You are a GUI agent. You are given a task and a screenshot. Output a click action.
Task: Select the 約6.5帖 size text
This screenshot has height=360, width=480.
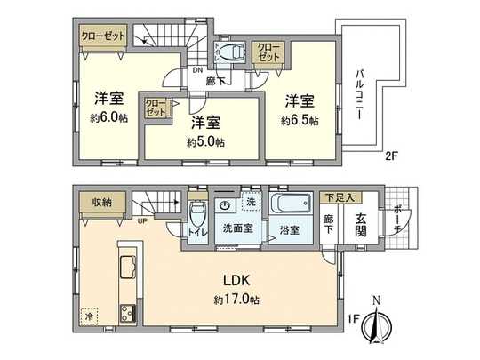point(298,121)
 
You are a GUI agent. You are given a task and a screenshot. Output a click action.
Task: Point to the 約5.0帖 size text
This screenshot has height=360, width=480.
point(205,141)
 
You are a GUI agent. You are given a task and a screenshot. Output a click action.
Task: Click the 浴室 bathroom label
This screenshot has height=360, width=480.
point(290,229)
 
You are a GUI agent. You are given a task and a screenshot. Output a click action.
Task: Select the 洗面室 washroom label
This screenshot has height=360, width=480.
point(236,228)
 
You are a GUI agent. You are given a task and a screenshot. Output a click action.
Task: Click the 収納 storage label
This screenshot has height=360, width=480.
point(103,203)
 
